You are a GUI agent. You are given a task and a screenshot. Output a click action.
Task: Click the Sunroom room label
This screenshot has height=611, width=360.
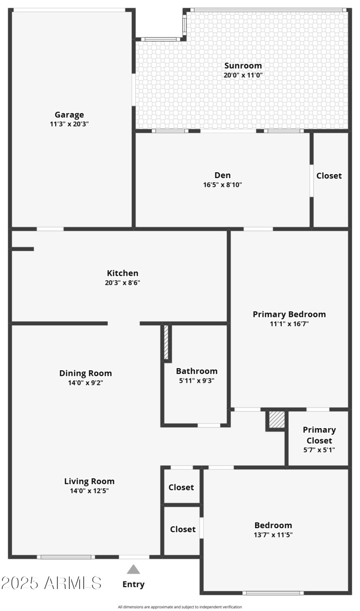click(243, 66)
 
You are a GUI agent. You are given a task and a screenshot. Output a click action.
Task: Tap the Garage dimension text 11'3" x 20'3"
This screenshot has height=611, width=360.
click(69, 124)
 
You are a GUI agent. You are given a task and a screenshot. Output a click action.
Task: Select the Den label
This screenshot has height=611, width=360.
click(223, 175)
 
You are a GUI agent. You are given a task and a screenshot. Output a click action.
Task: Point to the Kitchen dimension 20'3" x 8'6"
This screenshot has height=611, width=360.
click(122, 283)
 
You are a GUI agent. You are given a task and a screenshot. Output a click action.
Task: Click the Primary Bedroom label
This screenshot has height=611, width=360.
click(289, 314)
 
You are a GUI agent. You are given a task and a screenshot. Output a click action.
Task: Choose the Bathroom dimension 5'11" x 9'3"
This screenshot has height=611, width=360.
click(196, 381)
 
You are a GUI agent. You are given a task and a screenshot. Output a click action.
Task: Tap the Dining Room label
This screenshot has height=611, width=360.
click(85, 373)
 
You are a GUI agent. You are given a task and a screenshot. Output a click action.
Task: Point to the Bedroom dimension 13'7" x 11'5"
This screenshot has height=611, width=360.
click(273, 535)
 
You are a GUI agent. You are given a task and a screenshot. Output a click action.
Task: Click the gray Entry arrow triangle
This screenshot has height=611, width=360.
click(133, 570)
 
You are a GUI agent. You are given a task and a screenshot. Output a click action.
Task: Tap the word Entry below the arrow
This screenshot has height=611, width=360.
click(134, 584)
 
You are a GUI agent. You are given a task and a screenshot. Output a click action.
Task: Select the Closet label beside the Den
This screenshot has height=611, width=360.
click(329, 175)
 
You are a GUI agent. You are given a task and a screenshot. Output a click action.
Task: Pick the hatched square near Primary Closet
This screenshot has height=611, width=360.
click(277, 420)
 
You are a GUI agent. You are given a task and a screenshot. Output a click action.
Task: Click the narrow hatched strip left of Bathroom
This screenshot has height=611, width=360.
click(166, 342)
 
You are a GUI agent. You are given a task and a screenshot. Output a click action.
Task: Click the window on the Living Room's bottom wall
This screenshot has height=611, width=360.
click(66, 557)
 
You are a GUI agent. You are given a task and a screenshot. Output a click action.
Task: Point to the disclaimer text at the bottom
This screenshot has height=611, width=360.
click(180, 607)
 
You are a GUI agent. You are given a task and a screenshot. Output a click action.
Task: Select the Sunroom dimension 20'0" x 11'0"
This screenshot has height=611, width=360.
click(243, 76)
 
